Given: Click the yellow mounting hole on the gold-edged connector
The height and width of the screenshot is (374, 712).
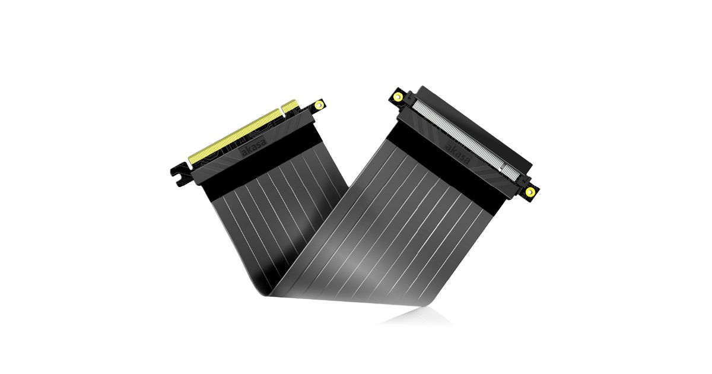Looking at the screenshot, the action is click(319, 104).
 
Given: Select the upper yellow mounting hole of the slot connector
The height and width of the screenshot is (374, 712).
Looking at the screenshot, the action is click(398, 96).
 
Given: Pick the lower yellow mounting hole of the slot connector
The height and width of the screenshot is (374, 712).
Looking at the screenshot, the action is click(530, 192).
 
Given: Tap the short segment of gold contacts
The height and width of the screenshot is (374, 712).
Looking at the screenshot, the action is click(290, 106).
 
